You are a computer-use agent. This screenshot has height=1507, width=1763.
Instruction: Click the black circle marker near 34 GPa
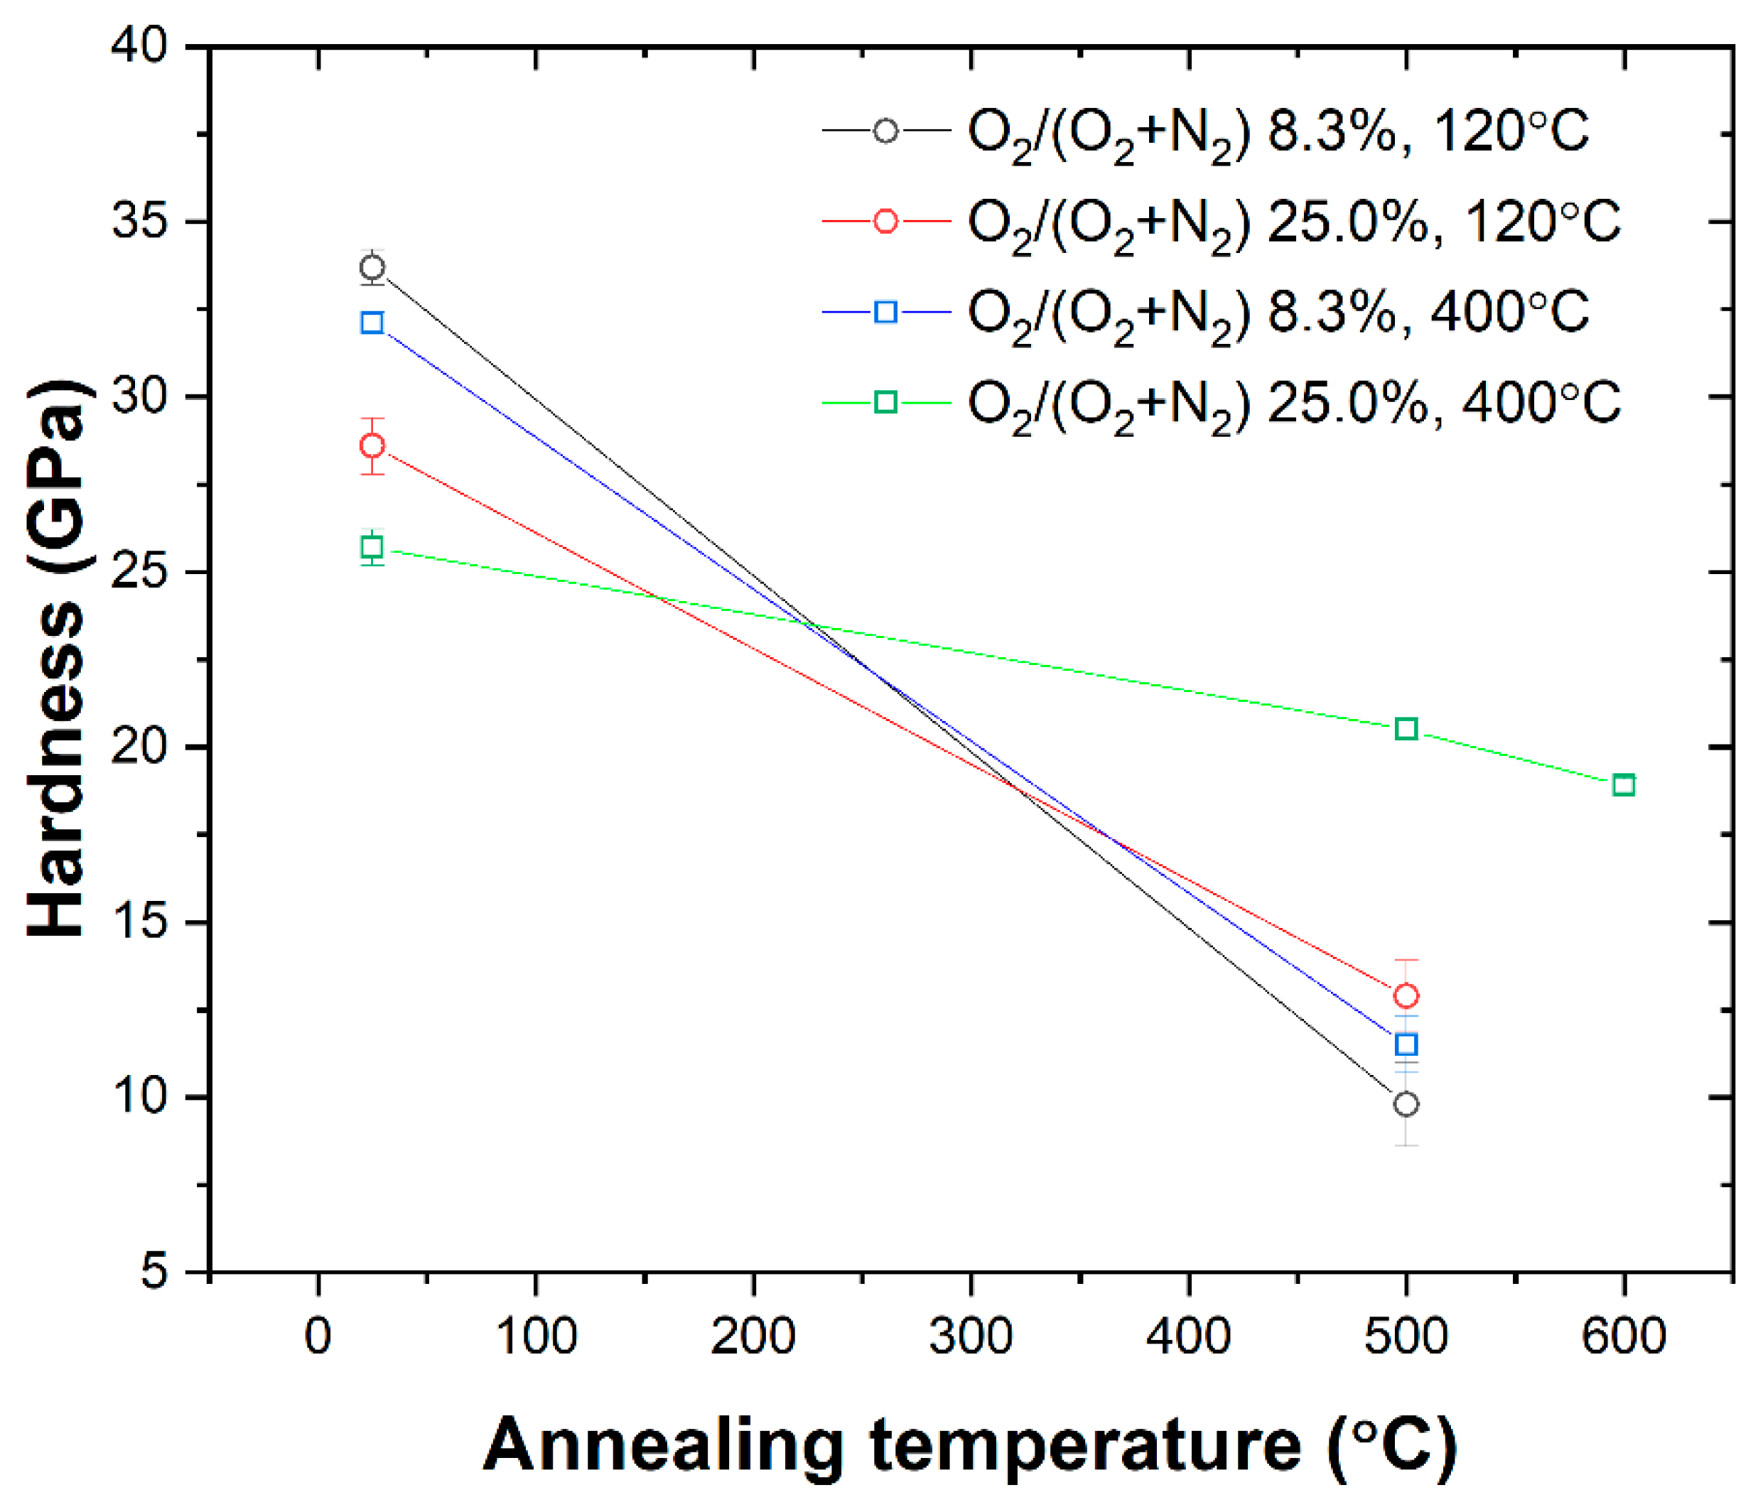(372, 268)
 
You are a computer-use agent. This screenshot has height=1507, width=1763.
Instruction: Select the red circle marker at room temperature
(372, 445)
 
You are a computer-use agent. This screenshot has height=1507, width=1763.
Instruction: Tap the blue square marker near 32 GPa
(372, 323)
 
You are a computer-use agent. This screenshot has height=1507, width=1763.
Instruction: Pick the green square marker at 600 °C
(1624, 784)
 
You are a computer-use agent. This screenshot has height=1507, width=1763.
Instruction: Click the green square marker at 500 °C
(1406, 728)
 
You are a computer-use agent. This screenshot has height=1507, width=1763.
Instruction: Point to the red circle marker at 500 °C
(1406, 995)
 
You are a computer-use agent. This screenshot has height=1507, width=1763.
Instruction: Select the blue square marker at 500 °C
(1406, 1044)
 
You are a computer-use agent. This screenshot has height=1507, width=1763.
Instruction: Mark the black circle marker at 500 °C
(1406, 1103)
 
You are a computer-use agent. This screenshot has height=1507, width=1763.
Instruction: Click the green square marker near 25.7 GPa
(372, 547)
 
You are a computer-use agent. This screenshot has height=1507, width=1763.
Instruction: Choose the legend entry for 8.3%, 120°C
(1276, 132)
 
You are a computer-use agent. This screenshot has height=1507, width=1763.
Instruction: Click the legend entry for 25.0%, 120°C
(1293, 222)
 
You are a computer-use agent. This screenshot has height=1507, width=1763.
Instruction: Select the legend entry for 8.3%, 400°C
(1276, 313)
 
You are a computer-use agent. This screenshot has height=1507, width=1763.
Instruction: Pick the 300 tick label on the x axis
(971, 1336)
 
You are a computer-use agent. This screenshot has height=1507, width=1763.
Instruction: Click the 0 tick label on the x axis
(318, 1336)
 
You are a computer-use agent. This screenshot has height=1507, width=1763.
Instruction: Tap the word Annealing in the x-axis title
(664, 1446)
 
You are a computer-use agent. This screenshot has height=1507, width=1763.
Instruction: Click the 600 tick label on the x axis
(1624, 1336)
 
